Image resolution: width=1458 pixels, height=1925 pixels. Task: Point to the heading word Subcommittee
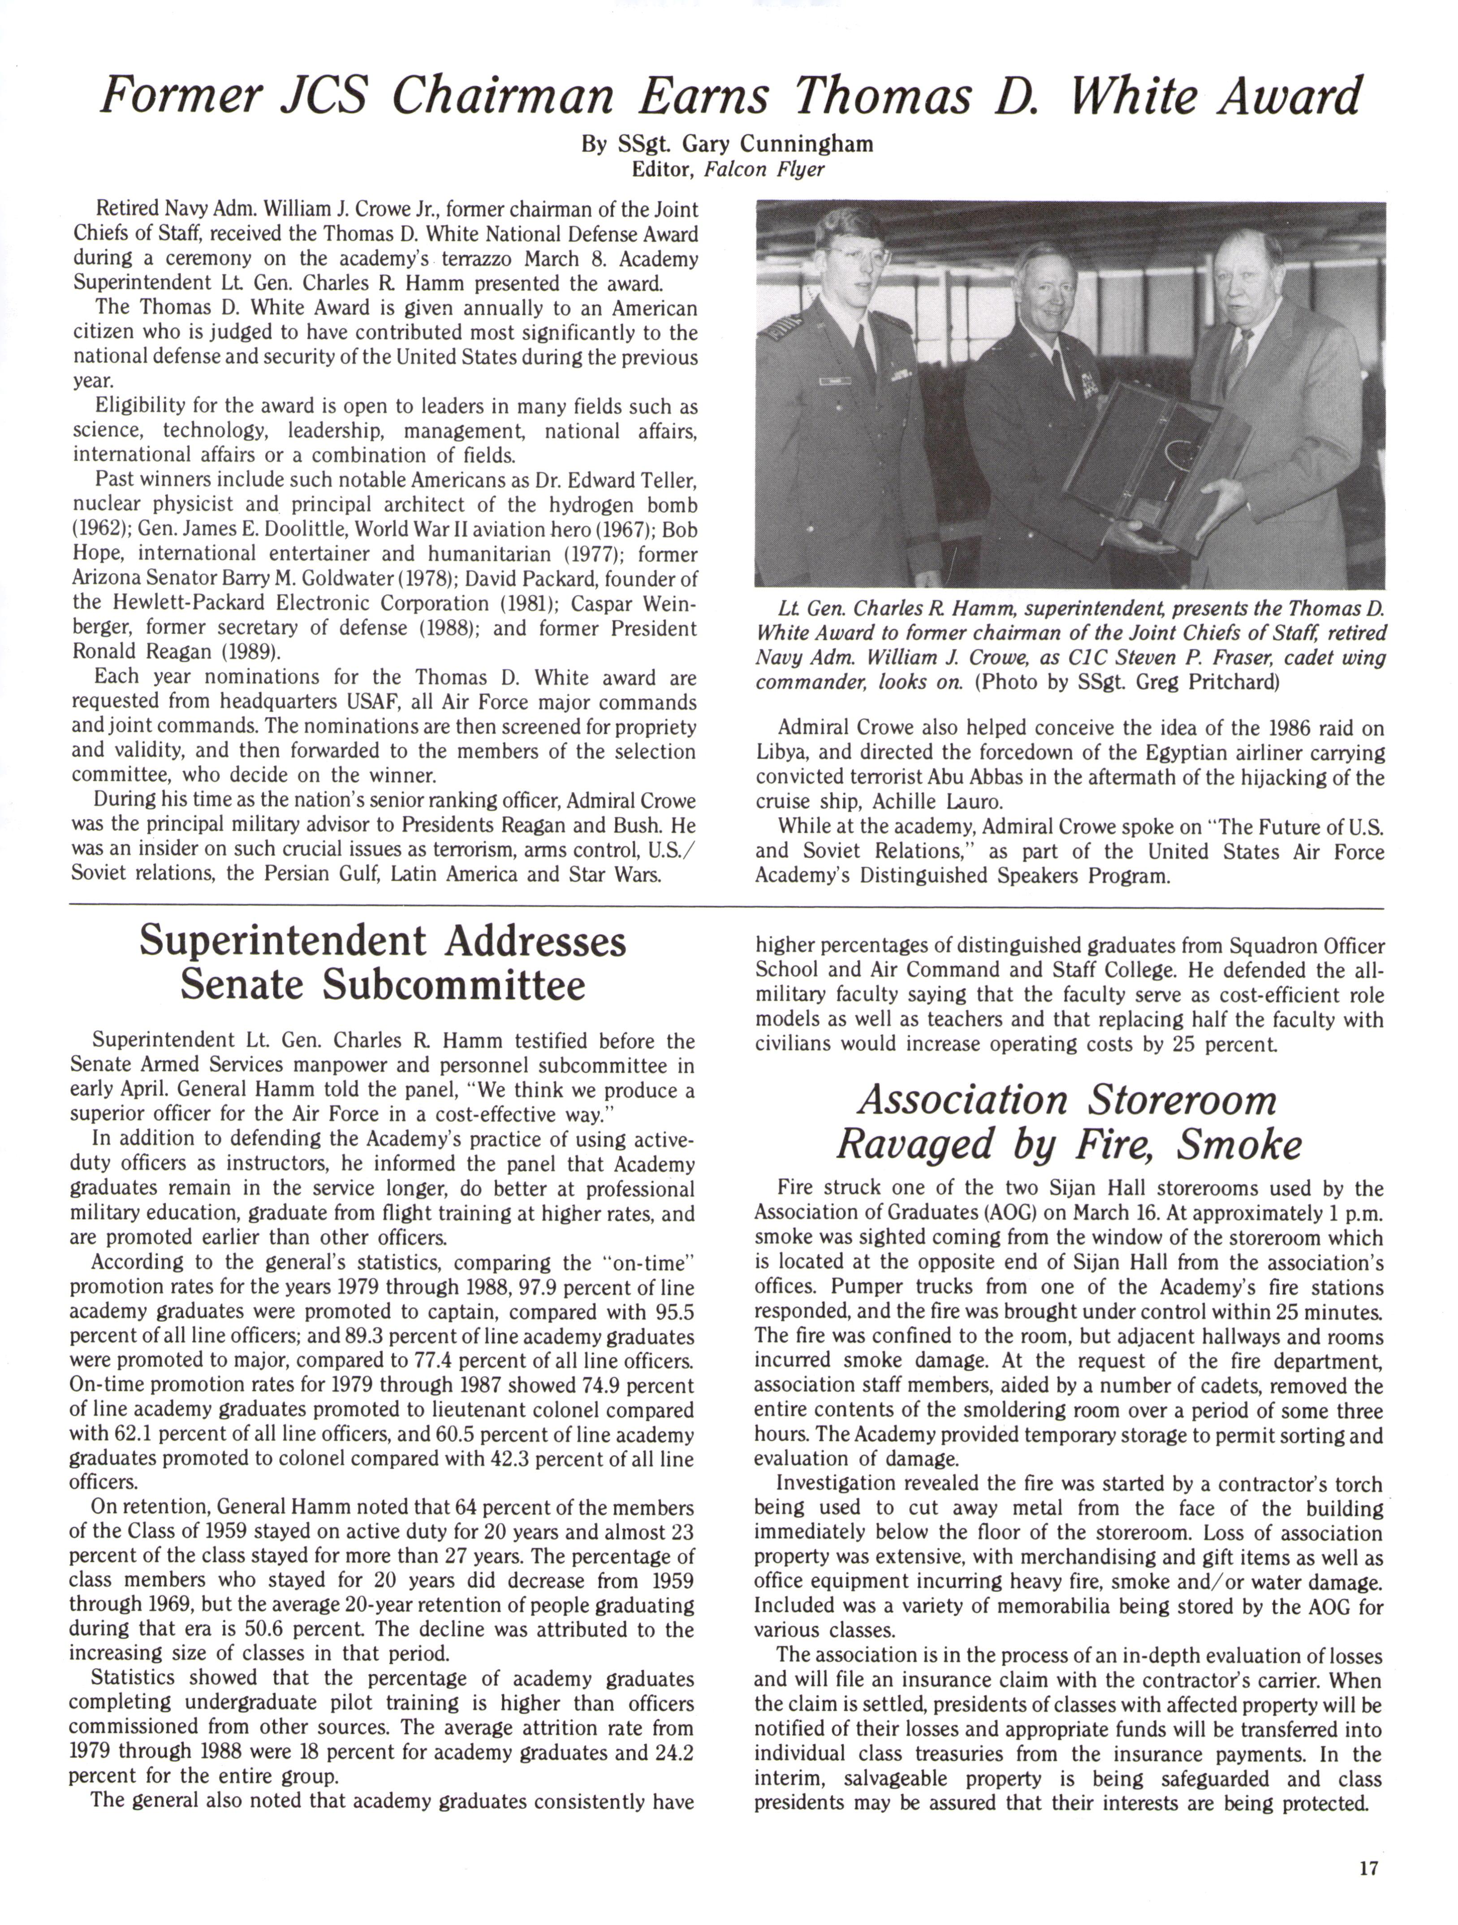[x=383, y=985]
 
